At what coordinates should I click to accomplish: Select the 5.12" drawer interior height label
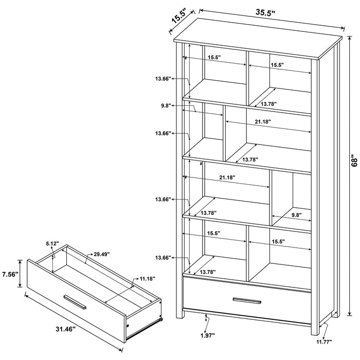tap(53, 244)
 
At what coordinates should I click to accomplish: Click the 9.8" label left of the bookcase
tap(166, 105)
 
